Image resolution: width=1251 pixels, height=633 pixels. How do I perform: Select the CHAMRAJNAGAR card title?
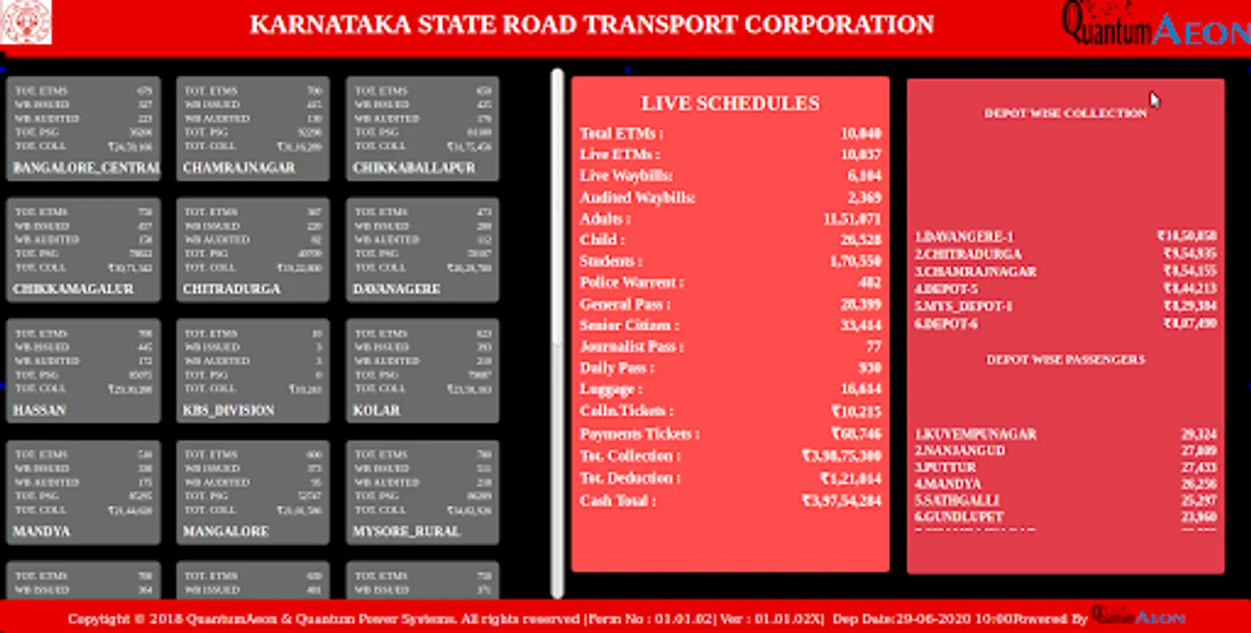(x=239, y=168)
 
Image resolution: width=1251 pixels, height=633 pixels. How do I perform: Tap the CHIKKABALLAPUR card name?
(x=414, y=168)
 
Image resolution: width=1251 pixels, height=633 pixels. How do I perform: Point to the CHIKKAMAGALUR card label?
(x=73, y=289)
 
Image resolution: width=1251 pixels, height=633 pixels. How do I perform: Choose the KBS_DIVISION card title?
(x=229, y=410)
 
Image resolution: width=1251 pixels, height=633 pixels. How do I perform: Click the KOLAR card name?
(x=376, y=410)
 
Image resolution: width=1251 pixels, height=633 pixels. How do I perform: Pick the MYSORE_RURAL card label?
(x=406, y=531)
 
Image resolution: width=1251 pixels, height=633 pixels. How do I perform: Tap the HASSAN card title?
(x=39, y=410)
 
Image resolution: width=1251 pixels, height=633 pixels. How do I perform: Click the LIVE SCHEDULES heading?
(x=730, y=103)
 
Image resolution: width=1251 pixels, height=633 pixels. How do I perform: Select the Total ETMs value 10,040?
(x=861, y=134)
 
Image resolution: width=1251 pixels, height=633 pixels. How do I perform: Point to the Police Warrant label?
(x=631, y=283)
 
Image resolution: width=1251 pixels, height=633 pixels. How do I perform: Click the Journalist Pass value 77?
(x=873, y=347)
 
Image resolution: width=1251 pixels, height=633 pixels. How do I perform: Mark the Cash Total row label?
(x=617, y=501)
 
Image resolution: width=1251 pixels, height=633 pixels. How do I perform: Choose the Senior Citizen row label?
(x=629, y=326)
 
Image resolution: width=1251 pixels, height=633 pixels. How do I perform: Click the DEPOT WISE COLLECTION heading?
(x=1065, y=113)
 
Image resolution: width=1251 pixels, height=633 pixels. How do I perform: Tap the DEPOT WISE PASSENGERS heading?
(x=1065, y=360)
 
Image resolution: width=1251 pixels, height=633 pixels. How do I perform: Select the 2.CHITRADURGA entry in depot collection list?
(x=968, y=254)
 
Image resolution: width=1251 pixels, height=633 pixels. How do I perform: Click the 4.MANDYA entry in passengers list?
(x=948, y=484)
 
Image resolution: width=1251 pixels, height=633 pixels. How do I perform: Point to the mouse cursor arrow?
(x=1155, y=100)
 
